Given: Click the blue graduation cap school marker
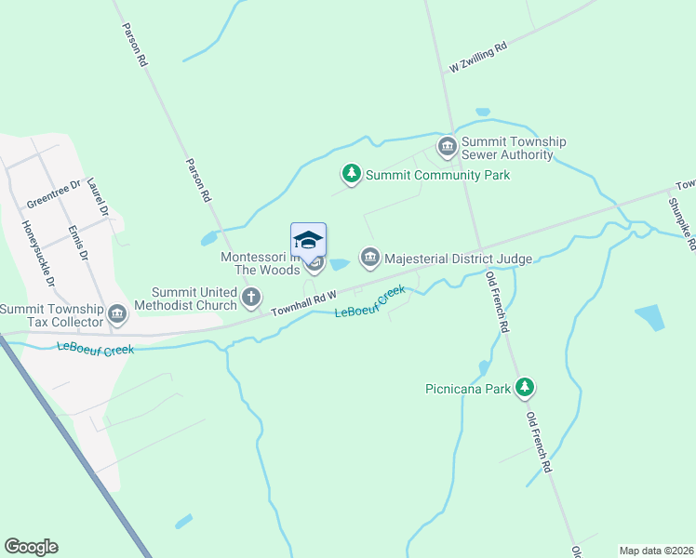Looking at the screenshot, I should pos(309,240).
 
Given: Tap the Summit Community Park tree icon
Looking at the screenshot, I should pos(352,175).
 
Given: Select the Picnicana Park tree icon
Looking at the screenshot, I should pos(526,387).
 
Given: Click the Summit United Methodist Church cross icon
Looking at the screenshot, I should pos(250,298).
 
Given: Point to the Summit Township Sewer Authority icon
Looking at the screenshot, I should pos(448,147).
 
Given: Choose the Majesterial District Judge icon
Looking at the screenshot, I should pos(370,257).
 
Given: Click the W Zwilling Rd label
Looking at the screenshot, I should pos(478,57).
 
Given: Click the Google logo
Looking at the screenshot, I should pos(31,547).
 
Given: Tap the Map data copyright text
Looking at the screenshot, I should pos(656,550).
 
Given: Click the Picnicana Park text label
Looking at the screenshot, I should pos(471,389).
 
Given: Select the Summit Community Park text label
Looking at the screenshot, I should pos(437,175).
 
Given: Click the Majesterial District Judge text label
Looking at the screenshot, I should pos(458,258).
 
